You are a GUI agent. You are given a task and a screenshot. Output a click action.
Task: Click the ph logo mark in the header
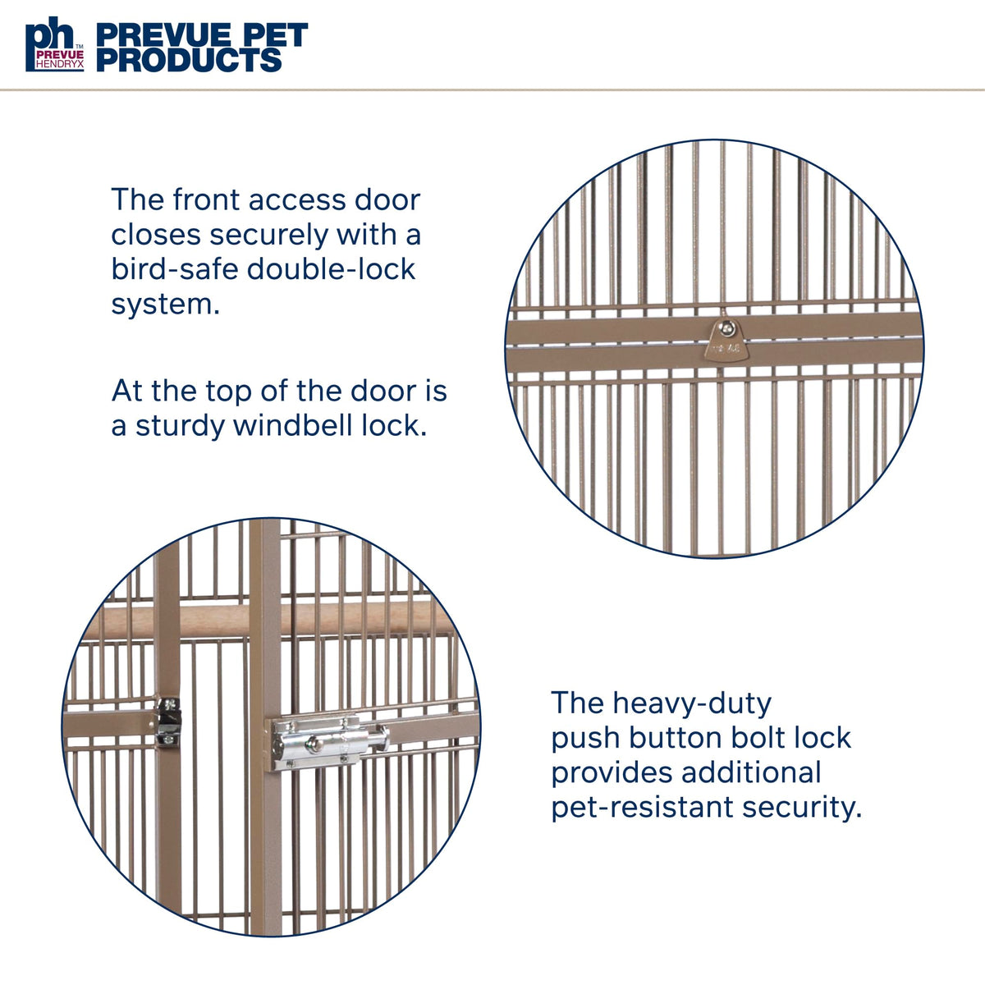pyautogui.click(x=55, y=44)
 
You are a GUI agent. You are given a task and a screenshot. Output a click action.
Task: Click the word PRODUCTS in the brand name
pyautogui.click(x=189, y=60)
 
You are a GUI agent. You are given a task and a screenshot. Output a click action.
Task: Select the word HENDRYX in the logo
pyautogui.click(x=60, y=65)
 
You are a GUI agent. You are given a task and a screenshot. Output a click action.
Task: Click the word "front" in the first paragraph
pyautogui.click(x=205, y=199)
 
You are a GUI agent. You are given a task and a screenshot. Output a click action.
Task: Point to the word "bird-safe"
pyautogui.click(x=174, y=269)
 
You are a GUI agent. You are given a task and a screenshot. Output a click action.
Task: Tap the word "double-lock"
pyautogui.click(x=332, y=269)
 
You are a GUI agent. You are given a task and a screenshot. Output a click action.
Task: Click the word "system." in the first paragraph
pyautogui.click(x=166, y=305)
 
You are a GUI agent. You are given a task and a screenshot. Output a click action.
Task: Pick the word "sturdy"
pyautogui.click(x=180, y=427)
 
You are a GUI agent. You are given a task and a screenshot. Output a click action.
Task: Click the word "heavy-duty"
pyautogui.click(x=692, y=704)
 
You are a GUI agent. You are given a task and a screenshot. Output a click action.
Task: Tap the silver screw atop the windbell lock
pyautogui.click(x=725, y=328)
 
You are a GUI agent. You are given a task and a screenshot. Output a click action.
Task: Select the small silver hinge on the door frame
pyautogui.click(x=169, y=721)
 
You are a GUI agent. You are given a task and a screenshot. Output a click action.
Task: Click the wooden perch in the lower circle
pyautogui.click(x=268, y=620)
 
